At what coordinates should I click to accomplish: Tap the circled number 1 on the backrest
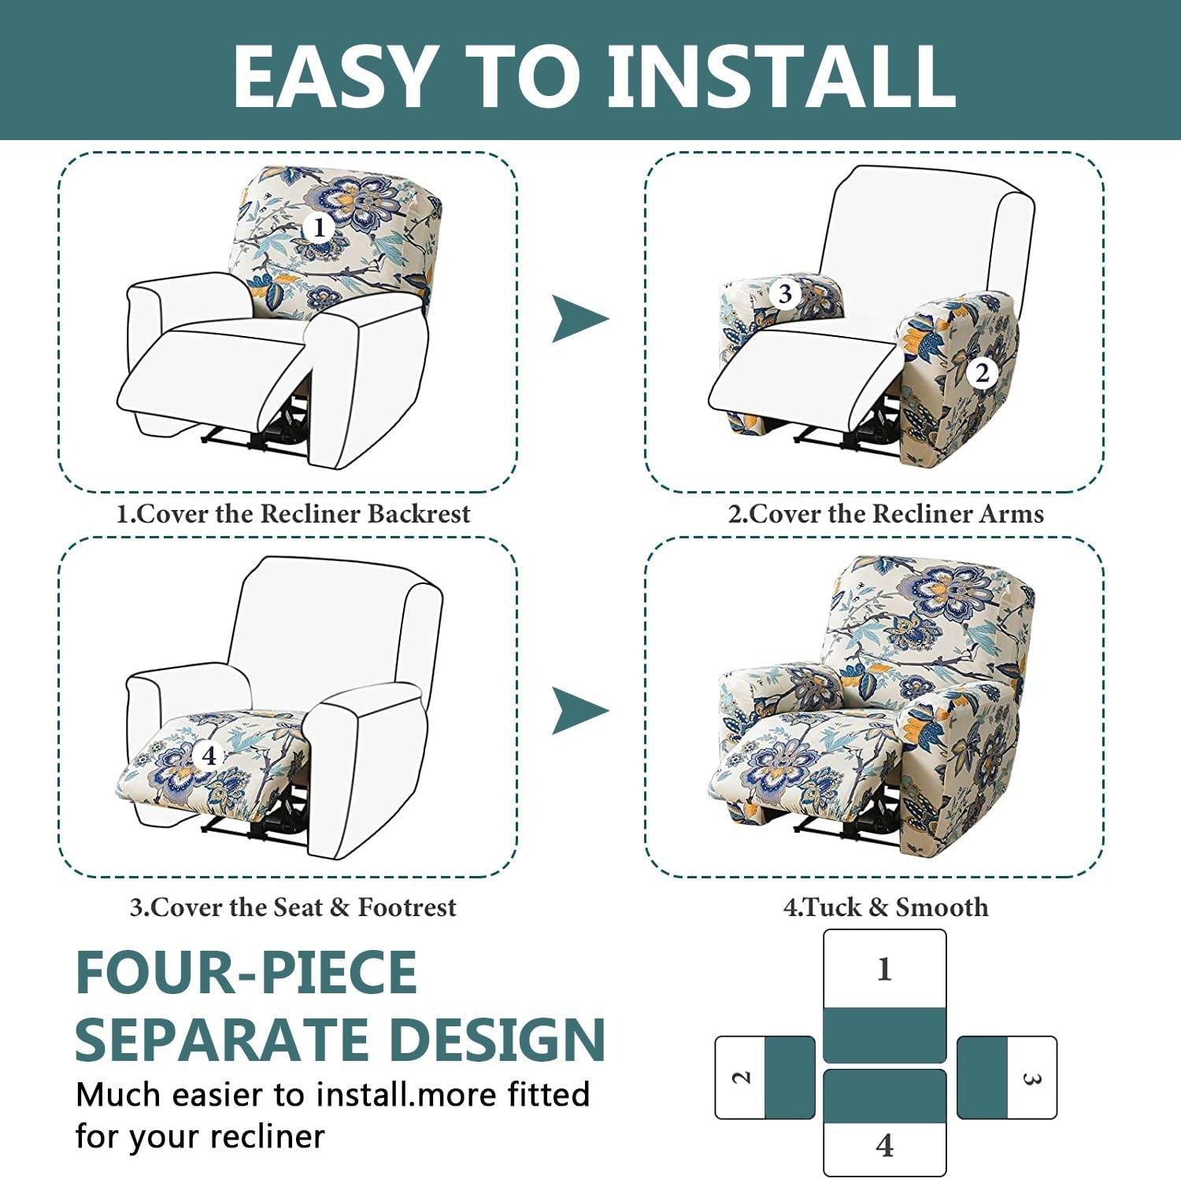[x=319, y=228]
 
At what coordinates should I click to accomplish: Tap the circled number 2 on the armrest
[x=982, y=372]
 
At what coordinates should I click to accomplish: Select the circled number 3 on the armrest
[x=784, y=294]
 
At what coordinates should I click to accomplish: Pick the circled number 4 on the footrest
[x=209, y=756]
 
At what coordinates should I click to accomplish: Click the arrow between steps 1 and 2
[x=579, y=319]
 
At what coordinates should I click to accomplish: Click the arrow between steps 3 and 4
[x=579, y=710]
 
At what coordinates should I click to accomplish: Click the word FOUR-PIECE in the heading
[x=246, y=973]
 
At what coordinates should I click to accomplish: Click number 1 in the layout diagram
[x=884, y=969]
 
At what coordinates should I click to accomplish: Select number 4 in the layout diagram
[x=884, y=1145]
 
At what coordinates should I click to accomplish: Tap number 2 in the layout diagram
[x=741, y=1077]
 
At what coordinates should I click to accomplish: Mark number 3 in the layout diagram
[x=1031, y=1077]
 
